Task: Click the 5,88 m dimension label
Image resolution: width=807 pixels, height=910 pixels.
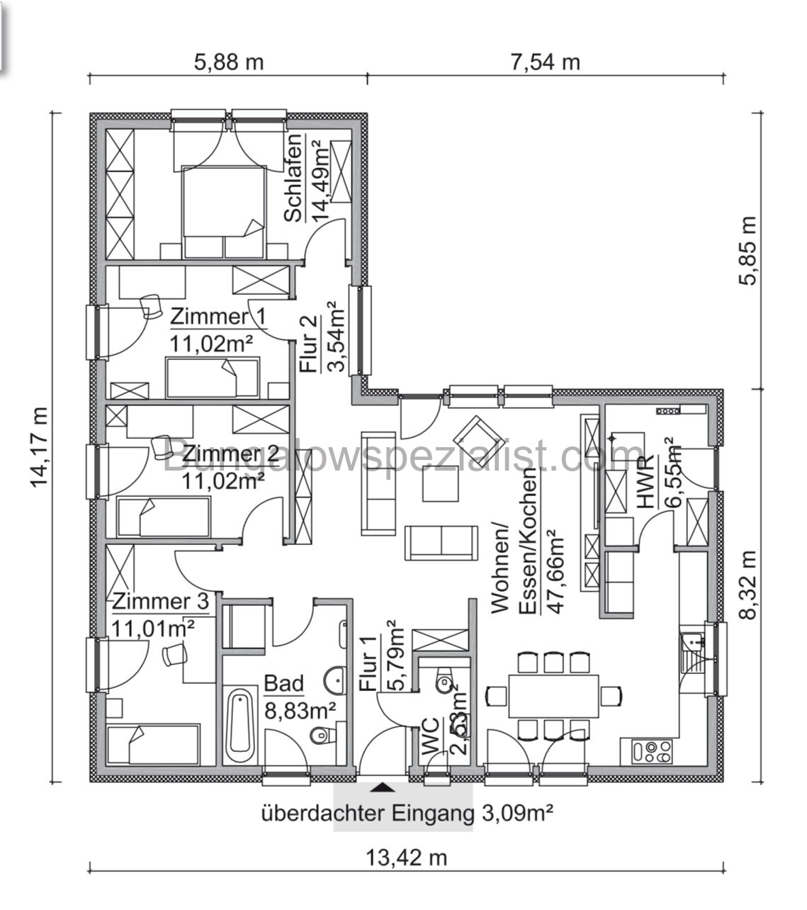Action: [228, 62]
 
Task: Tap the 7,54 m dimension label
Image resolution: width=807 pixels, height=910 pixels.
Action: [545, 62]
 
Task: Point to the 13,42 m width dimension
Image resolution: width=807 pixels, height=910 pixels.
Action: [407, 858]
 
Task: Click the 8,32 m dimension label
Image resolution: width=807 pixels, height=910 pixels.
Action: [748, 586]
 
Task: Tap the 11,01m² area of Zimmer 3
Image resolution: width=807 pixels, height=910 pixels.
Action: [154, 627]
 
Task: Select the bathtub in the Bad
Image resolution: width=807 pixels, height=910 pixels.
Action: [239, 725]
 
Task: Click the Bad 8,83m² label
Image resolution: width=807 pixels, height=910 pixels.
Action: [299, 697]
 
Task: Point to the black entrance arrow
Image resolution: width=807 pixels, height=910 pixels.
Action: [383, 787]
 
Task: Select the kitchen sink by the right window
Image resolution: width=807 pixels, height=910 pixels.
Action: [693, 648]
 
